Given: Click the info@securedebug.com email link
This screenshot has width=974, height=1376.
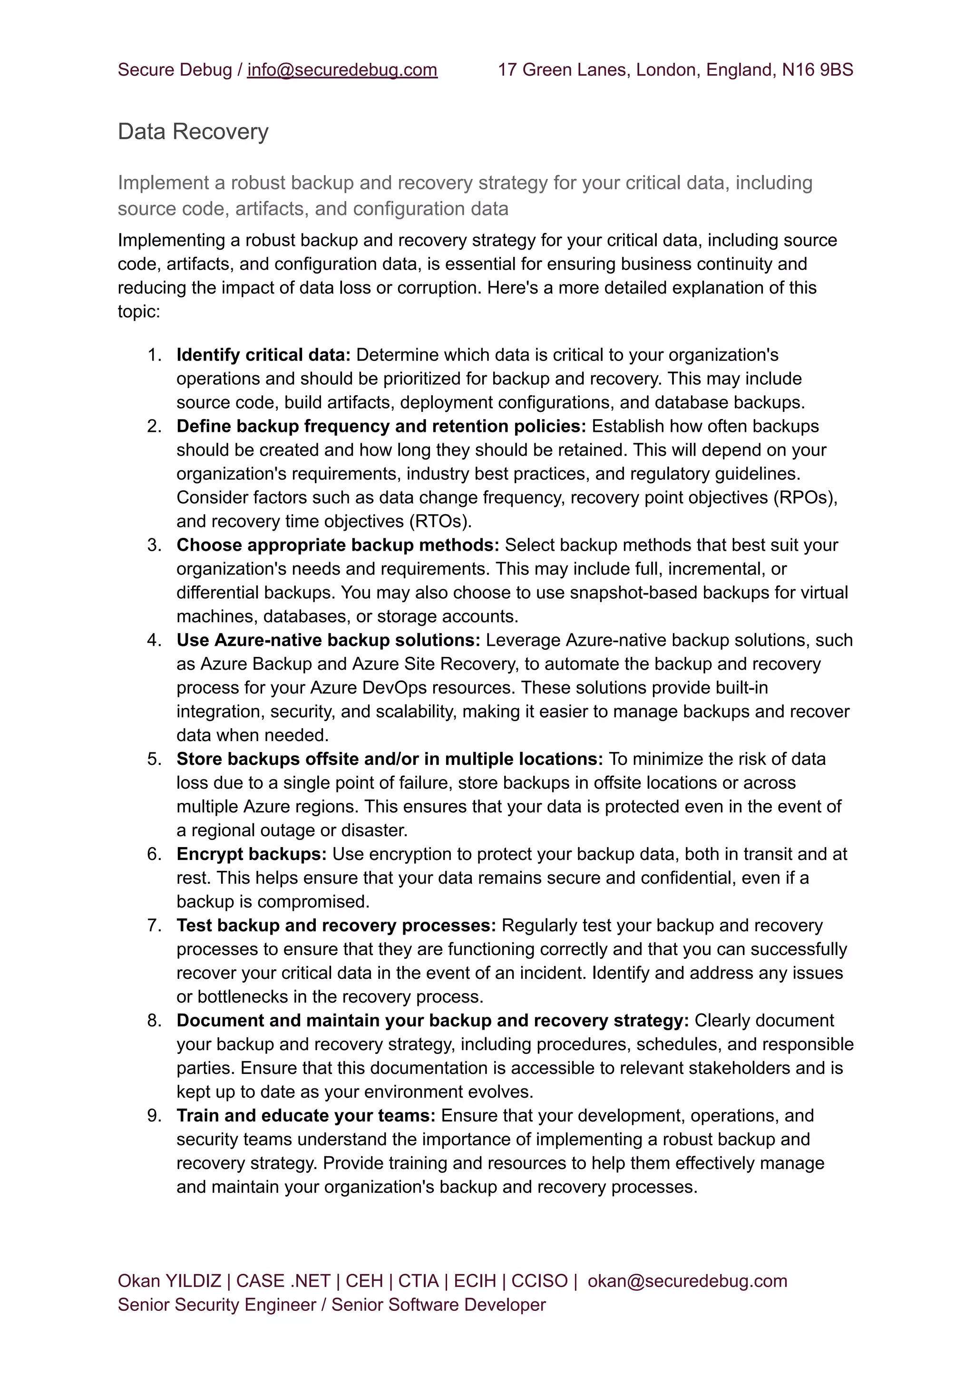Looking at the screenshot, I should click(x=342, y=70).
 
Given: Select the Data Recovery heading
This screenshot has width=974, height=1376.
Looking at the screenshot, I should click(x=193, y=132).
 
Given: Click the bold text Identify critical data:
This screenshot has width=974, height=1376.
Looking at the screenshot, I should click(x=263, y=355).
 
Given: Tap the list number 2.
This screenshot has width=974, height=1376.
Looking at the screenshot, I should click(x=154, y=427).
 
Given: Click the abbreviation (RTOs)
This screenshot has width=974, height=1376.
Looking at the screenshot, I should click(x=441, y=521).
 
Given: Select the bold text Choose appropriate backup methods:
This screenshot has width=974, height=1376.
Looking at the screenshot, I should click(x=338, y=545).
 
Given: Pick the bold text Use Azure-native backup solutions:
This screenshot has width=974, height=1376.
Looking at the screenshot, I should click(x=328, y=641).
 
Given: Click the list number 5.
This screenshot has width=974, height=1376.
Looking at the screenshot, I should click(x=154, y=760).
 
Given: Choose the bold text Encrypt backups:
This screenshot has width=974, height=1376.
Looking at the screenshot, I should click(x=251, y=854).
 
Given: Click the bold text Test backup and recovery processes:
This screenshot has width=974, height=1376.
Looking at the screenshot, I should click(x=336, y=926).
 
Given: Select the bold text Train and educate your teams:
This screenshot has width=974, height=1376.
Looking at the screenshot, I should click(x=306, y=1116).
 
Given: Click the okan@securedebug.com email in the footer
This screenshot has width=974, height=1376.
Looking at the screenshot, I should click(x=687, y=1281).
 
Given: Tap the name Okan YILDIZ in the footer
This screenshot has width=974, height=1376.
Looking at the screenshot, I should click(x=169, y=1281).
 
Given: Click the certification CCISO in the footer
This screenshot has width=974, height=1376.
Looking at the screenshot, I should click(x=539, y=1281).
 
